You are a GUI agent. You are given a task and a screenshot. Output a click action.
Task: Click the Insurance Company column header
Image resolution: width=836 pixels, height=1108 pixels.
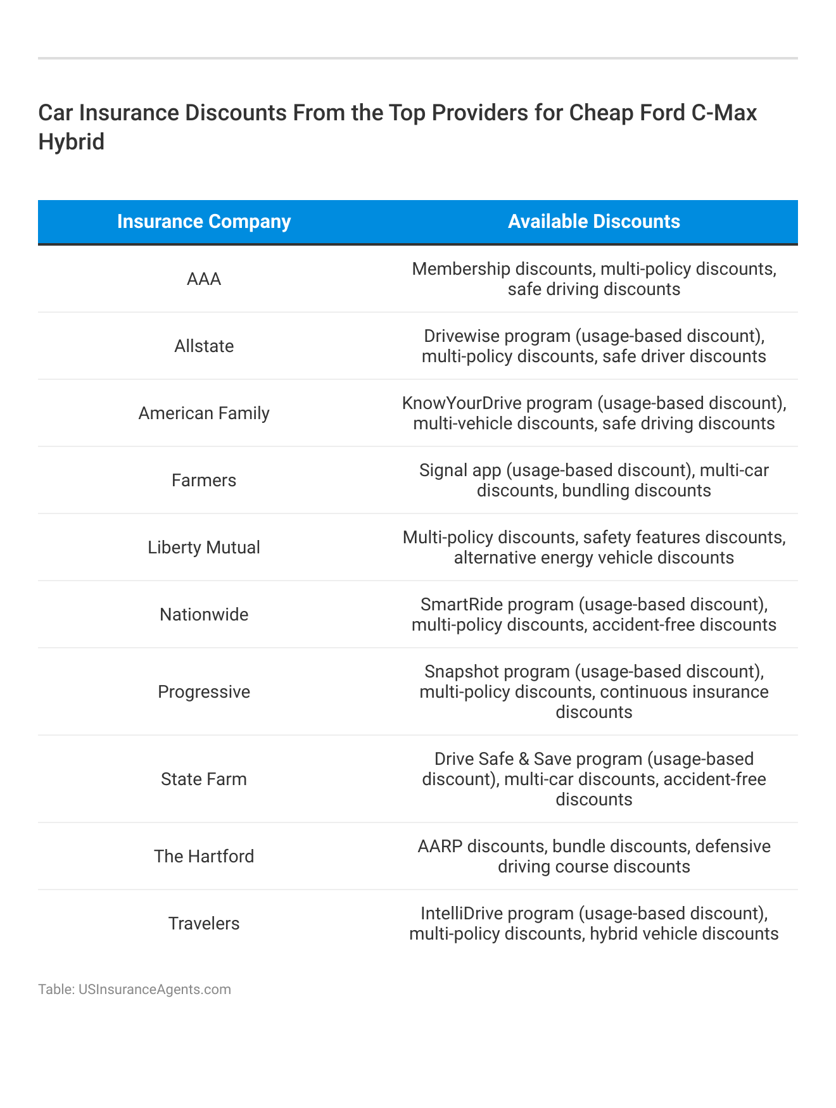pos(204,222)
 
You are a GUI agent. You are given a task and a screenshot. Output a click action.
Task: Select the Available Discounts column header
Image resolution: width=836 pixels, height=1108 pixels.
pos(593,222)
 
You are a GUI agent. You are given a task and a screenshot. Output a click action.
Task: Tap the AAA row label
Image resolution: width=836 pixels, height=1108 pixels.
pos(204,279)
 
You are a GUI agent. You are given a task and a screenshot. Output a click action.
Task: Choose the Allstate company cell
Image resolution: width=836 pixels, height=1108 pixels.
pos(204,346)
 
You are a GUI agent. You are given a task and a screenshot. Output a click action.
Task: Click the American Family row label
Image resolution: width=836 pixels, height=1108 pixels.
pos(204,413)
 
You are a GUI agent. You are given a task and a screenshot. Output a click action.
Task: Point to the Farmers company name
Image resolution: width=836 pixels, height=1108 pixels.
pos(204,481)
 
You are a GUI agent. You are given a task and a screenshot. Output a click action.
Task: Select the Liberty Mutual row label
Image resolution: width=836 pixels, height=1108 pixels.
pos(204,548)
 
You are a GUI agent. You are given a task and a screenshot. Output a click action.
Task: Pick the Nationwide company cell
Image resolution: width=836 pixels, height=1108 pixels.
pos(204,615)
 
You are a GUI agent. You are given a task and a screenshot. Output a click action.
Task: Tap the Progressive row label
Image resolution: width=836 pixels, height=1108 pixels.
pos(204,692)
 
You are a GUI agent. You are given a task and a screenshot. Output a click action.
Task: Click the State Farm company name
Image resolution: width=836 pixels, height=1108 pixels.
pos(204,779)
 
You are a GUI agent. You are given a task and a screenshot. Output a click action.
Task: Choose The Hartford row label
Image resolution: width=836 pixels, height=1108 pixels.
pos(204,857)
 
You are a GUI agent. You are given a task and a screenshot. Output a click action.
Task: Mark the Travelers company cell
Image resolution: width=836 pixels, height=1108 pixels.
pos(204,924)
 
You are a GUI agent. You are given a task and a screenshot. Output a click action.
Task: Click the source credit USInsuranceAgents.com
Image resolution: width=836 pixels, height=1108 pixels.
pos(155,990)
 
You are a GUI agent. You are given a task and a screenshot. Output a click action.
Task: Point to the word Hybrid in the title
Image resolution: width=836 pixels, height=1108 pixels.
pos(71,142)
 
